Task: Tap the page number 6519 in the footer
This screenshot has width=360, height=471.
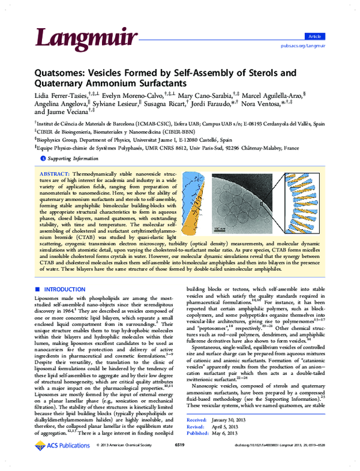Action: pyautogui.click(x=179, y=462)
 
